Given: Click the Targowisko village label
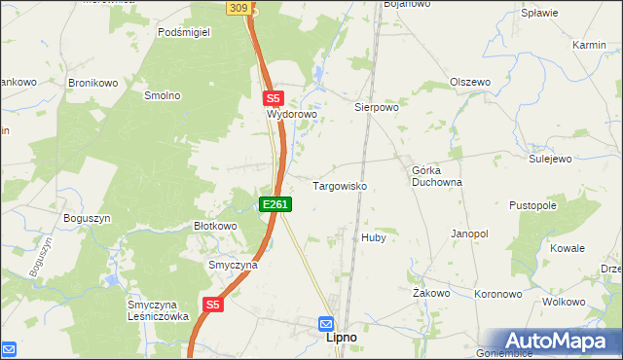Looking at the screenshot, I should pos(339,185).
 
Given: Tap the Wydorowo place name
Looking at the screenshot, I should pos(293,114).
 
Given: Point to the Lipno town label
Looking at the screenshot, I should pos(341,338).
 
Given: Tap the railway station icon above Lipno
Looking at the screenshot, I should pos(326,323).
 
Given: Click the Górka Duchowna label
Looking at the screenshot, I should pos(436,176).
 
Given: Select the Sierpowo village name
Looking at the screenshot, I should pos(377,108).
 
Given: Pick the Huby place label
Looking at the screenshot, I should pos(374,237).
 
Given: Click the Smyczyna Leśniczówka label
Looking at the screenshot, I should pos(157,309).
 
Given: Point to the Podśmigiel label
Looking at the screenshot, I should pos(185,31).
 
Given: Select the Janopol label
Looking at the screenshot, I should pos(469,234).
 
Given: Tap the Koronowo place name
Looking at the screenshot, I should pos(498,293).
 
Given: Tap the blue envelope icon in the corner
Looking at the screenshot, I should pos(10,348).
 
